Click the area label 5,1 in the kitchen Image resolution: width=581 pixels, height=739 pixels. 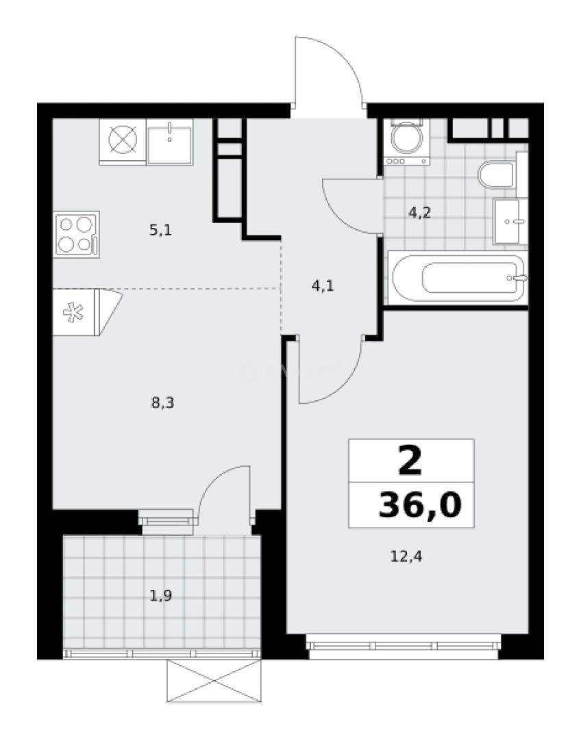pos(160,231)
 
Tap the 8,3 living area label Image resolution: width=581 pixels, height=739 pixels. pos(163,403)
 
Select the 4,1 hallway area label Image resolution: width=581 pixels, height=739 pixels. pos(323,287)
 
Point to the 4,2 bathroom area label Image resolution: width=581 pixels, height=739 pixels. pos(419,212)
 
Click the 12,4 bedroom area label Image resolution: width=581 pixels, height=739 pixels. pos(406,557)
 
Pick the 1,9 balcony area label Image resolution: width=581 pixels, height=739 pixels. pos(160,596)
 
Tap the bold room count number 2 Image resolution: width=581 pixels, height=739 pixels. pos(410,463)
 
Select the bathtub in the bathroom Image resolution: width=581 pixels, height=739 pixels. pos(458,277)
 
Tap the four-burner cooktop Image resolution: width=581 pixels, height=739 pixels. pos(76,234)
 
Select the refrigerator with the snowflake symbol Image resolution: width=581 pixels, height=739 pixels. pos(76,312)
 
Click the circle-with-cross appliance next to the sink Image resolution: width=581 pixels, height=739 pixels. pos(123,140)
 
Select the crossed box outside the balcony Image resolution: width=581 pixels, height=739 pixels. pos(214,682)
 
